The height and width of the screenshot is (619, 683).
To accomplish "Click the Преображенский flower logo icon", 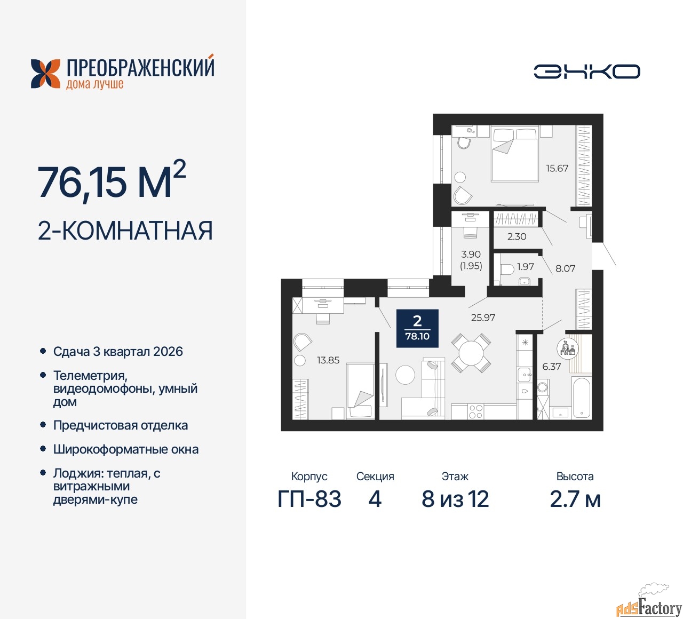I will coord(45,74).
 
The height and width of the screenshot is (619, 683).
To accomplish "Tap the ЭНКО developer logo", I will coord(586,72).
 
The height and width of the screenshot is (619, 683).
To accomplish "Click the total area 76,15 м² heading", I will coord(112,181).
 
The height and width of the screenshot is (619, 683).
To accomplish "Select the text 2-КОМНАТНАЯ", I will coord(125,231).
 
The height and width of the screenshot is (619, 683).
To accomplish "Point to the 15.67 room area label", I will coord(557,168).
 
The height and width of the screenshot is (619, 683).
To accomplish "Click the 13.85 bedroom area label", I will coord(328,360).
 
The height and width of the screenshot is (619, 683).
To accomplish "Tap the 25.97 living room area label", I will coord(483,318).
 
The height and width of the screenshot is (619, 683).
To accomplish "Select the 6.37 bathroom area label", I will coord(551,367).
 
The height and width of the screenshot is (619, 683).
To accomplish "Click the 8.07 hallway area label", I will coord(565,268).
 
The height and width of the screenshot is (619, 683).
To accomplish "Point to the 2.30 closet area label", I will coord(517,236).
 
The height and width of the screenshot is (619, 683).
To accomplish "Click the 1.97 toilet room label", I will coord(525,266).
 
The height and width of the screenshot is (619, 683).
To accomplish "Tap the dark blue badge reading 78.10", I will coord(417,328).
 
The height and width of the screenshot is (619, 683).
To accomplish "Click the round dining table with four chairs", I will coord(471,353).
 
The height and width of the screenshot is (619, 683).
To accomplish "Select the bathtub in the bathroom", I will coord(581,398).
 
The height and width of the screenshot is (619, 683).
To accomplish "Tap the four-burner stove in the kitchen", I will coord(475,411).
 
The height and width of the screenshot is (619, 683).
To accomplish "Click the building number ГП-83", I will coord(309,499).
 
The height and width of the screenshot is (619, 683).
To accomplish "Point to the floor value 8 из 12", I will coord(455,499).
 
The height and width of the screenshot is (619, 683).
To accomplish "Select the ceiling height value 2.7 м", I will coord(575,499).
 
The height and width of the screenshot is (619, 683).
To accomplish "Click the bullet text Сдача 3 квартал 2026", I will coord(118,352).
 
